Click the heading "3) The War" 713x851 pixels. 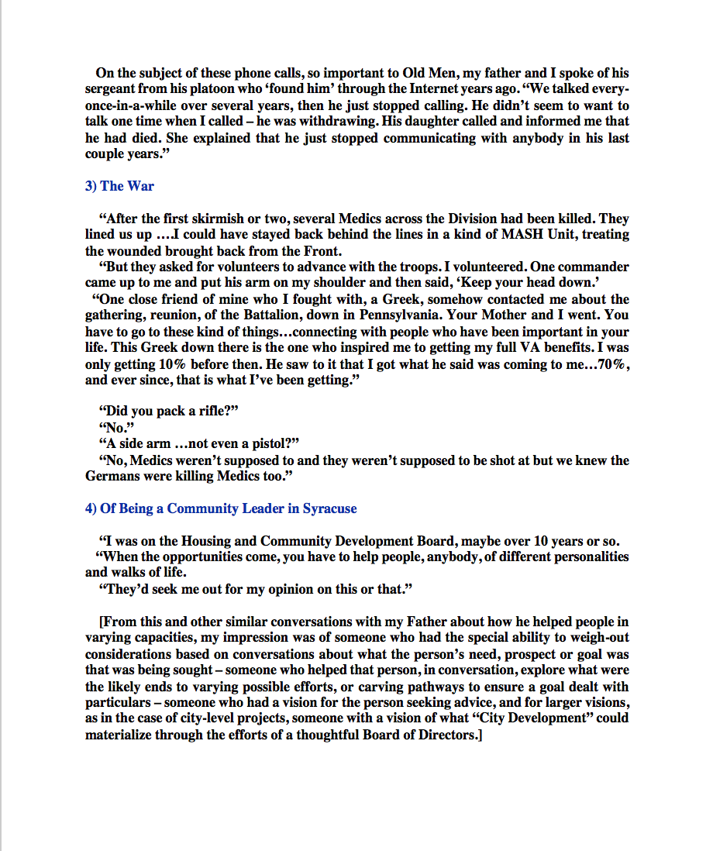pyautogui.click(x=120, y=186)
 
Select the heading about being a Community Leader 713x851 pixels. pyautogui.click(x=221, y=508)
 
